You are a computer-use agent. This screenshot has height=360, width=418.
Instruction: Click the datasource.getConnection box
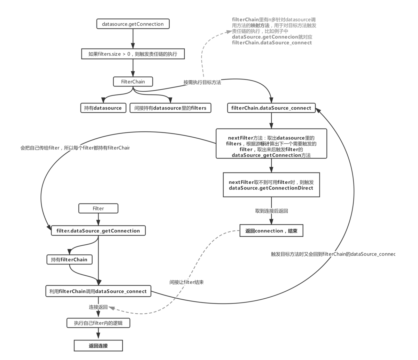[133, 24]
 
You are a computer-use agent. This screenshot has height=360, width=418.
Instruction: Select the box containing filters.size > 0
[133, 54]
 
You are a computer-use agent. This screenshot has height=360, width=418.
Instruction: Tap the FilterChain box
[133, 82]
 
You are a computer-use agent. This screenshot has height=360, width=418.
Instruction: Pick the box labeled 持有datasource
[103, 108]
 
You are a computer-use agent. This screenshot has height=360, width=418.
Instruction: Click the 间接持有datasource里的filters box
[170, 108]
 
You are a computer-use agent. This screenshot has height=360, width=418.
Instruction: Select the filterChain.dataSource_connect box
[271, 108]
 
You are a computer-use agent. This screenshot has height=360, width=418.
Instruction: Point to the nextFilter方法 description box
[271, 144]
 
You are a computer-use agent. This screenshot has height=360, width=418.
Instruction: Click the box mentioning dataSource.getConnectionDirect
[271, 185]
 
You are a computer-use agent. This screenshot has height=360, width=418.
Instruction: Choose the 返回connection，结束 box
[271, 230]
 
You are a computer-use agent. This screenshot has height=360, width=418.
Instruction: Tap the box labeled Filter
[98, 208]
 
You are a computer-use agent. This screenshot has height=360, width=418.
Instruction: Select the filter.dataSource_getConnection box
[98, 230]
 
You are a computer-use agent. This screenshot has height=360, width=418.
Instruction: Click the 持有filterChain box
[69, 259]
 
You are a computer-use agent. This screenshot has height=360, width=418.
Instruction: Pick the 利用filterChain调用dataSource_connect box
[98, 291]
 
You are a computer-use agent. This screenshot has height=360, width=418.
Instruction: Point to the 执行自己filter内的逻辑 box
[98, 323]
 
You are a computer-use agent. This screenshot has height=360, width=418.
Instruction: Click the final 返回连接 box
[98, 346]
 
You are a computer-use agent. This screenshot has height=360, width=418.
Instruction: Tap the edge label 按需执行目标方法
[202, 82]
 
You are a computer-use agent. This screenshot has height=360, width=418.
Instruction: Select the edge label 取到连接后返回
[271, 211]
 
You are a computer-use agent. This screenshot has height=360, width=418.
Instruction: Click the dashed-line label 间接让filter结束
[186, 282]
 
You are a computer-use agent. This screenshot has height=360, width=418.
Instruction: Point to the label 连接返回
[98, 307]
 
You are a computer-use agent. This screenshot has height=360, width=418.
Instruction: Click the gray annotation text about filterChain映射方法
[274, 31]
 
